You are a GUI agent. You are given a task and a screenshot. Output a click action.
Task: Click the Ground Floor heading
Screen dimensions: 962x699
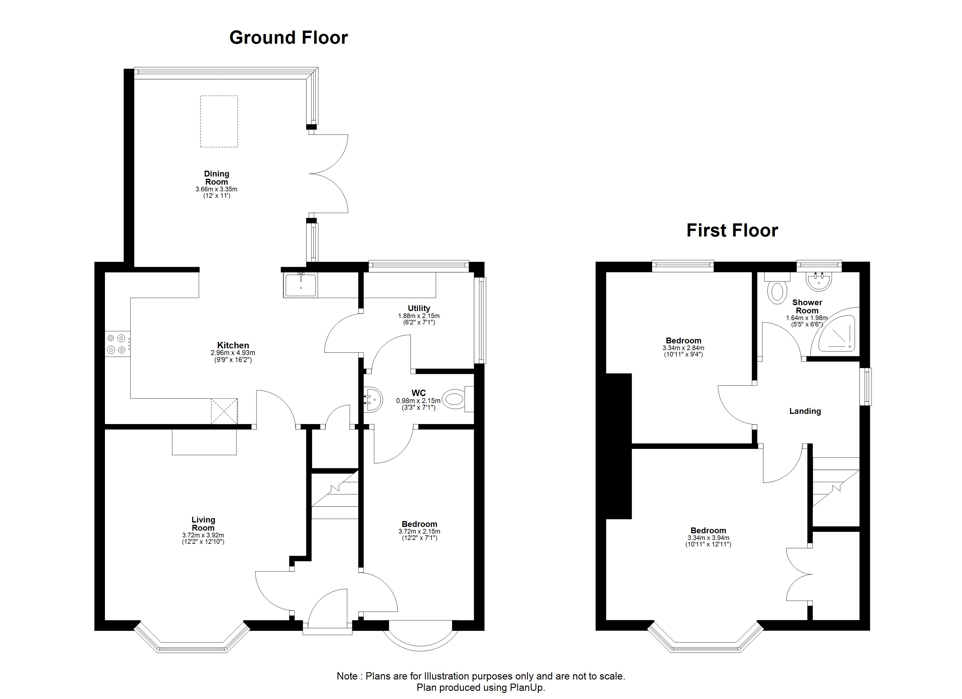(x=288, y=38)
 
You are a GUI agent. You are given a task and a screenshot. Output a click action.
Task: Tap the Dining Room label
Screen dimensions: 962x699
(x=217, y=178)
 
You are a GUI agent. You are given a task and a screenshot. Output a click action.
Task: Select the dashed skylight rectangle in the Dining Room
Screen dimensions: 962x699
(x=219, y=121)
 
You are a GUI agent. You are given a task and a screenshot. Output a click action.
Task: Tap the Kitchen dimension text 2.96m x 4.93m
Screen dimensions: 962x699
(x=233, y=353)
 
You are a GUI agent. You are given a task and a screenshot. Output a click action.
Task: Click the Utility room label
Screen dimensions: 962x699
(x=419, y=308)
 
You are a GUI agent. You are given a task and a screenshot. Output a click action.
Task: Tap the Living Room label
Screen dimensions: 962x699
(x=203, y=523)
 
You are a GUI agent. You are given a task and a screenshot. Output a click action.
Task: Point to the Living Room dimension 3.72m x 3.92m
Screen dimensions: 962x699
(x=203, y=535)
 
